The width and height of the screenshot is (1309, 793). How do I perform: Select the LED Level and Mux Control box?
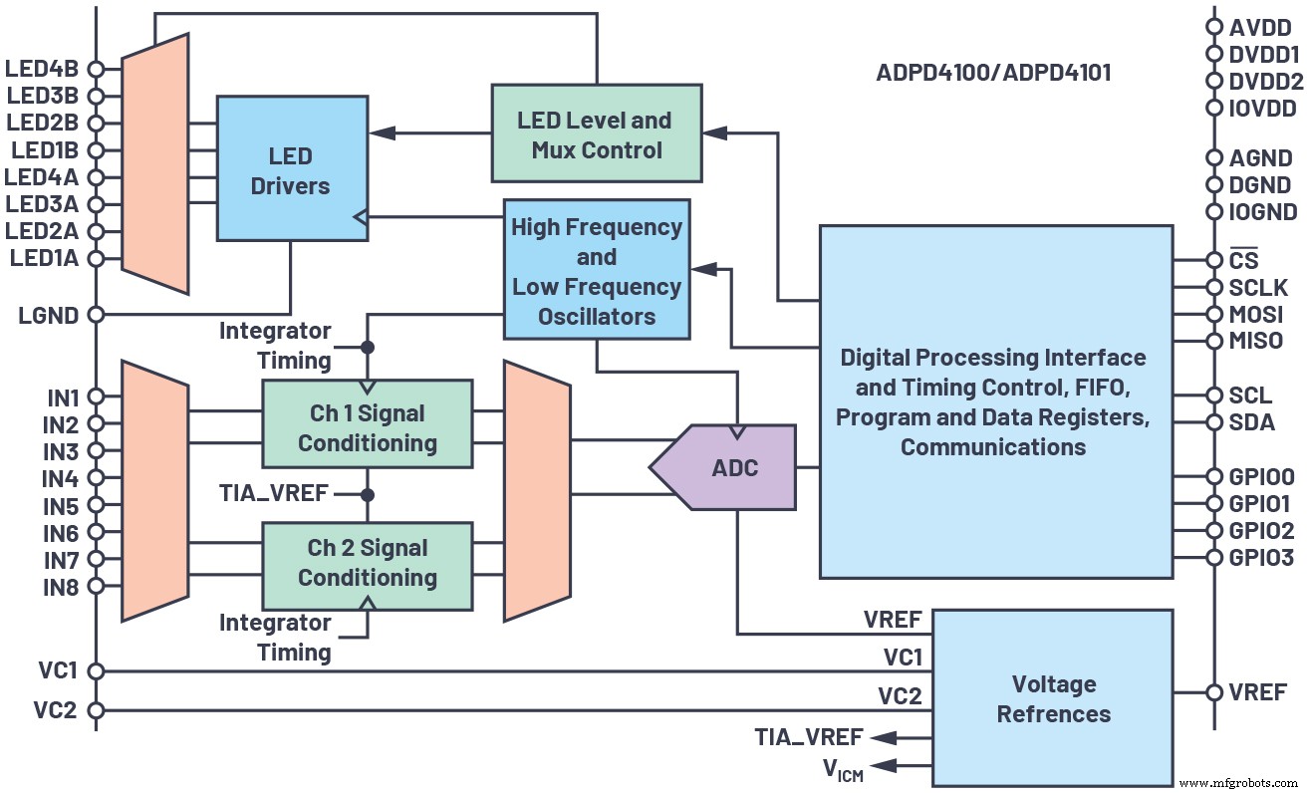(x=596, y=134)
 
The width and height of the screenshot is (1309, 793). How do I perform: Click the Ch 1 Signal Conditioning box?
(x=367, y=426)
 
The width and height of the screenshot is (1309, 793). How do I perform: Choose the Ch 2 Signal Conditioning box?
(x=367, y=562)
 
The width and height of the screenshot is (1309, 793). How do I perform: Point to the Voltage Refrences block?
(x=1053, y=698)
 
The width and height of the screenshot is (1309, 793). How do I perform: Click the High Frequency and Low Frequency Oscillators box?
(x=596, y=271)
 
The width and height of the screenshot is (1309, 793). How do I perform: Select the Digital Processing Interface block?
(x=995, y=400)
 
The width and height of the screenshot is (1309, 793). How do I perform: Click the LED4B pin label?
(x=42, y=70)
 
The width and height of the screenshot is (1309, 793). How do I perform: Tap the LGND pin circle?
(x=97, y=314)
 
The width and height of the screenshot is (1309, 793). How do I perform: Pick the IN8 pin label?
(x=60, y=587)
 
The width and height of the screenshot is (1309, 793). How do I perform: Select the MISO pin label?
(x=1256, y=342)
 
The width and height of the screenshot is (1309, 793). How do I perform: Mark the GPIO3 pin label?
(x=1261, y=557)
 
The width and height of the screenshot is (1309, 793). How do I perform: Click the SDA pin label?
(x=1252, y=422)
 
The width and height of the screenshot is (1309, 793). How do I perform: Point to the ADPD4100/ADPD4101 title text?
(x=993, y=73)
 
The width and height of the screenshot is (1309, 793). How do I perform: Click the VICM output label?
(x=843, y=768)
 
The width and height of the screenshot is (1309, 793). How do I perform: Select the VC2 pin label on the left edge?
(x=54, y=711)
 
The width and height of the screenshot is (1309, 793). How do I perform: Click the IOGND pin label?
(x=1263, y=212)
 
